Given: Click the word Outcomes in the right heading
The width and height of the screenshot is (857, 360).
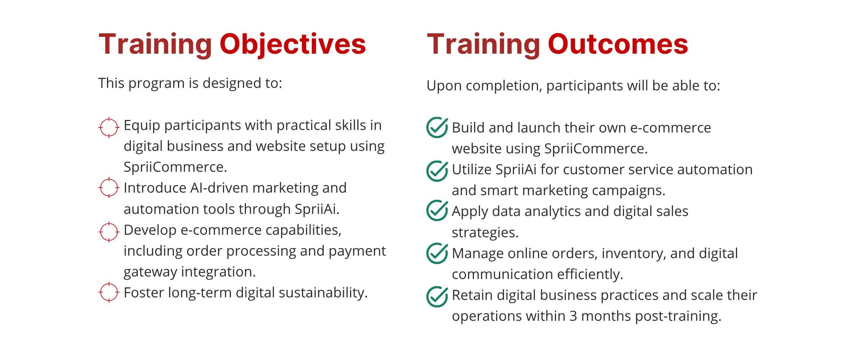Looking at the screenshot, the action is tap(618, 44).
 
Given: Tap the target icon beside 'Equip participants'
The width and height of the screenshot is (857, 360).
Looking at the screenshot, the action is tap(109, 127).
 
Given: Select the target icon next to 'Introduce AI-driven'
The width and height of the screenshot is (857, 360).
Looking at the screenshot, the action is tap(109, 188).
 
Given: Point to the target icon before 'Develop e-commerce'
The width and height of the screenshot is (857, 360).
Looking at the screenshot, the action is tap(109, 232).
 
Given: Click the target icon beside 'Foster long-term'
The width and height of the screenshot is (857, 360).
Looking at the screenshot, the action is tap(109, 292).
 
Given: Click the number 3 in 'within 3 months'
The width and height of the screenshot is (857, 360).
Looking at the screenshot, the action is tap(573, 316).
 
